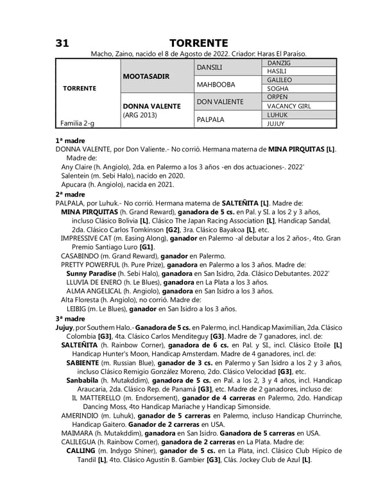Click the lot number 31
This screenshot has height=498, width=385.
click(62, 42)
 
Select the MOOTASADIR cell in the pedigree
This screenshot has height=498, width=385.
click(146, 76)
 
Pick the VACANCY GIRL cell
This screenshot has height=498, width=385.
click(289, 106)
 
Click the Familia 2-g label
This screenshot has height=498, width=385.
click(77, 123)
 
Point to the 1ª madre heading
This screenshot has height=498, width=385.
click(71, 139)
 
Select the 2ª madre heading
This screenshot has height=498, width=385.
click(71, 194)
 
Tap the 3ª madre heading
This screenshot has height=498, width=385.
click(71, 318)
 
